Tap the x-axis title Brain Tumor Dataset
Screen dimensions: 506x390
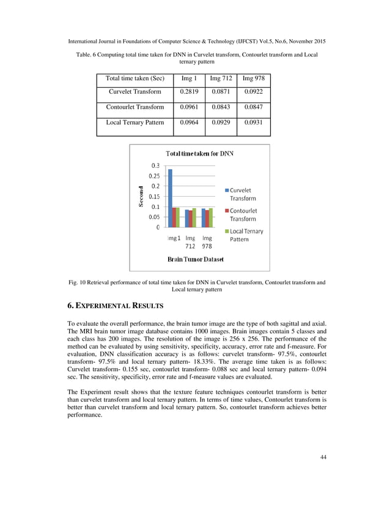[196, 260]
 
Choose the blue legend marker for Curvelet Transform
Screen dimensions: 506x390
[227, 191]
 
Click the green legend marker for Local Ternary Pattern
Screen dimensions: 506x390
[227, 232]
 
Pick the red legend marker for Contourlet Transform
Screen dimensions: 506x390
[227, 211]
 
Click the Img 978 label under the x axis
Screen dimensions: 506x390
[207, 242]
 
